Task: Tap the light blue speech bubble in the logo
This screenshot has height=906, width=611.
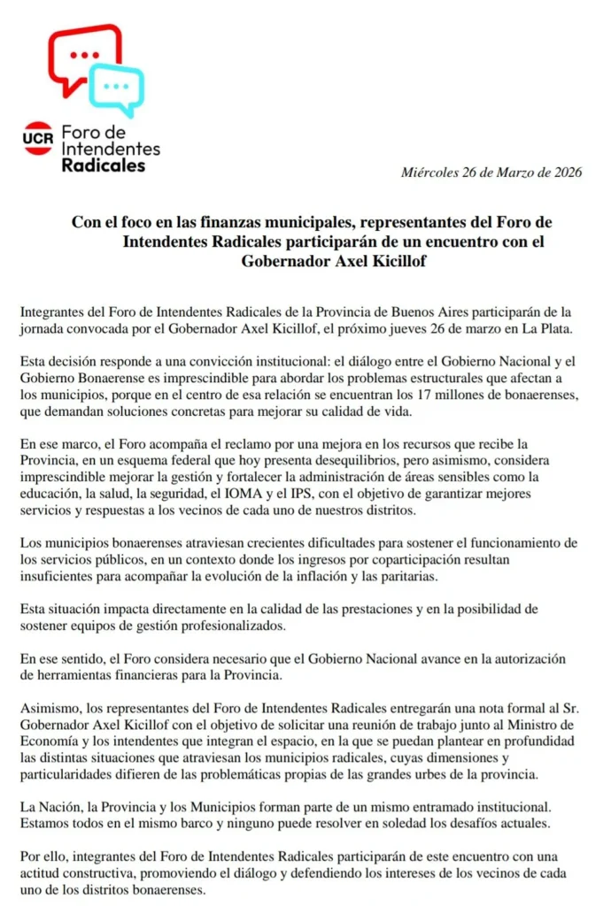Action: [117, 87]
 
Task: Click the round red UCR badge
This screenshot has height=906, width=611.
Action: [38, 137]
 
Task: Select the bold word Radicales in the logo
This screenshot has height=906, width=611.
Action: [104, 165]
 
